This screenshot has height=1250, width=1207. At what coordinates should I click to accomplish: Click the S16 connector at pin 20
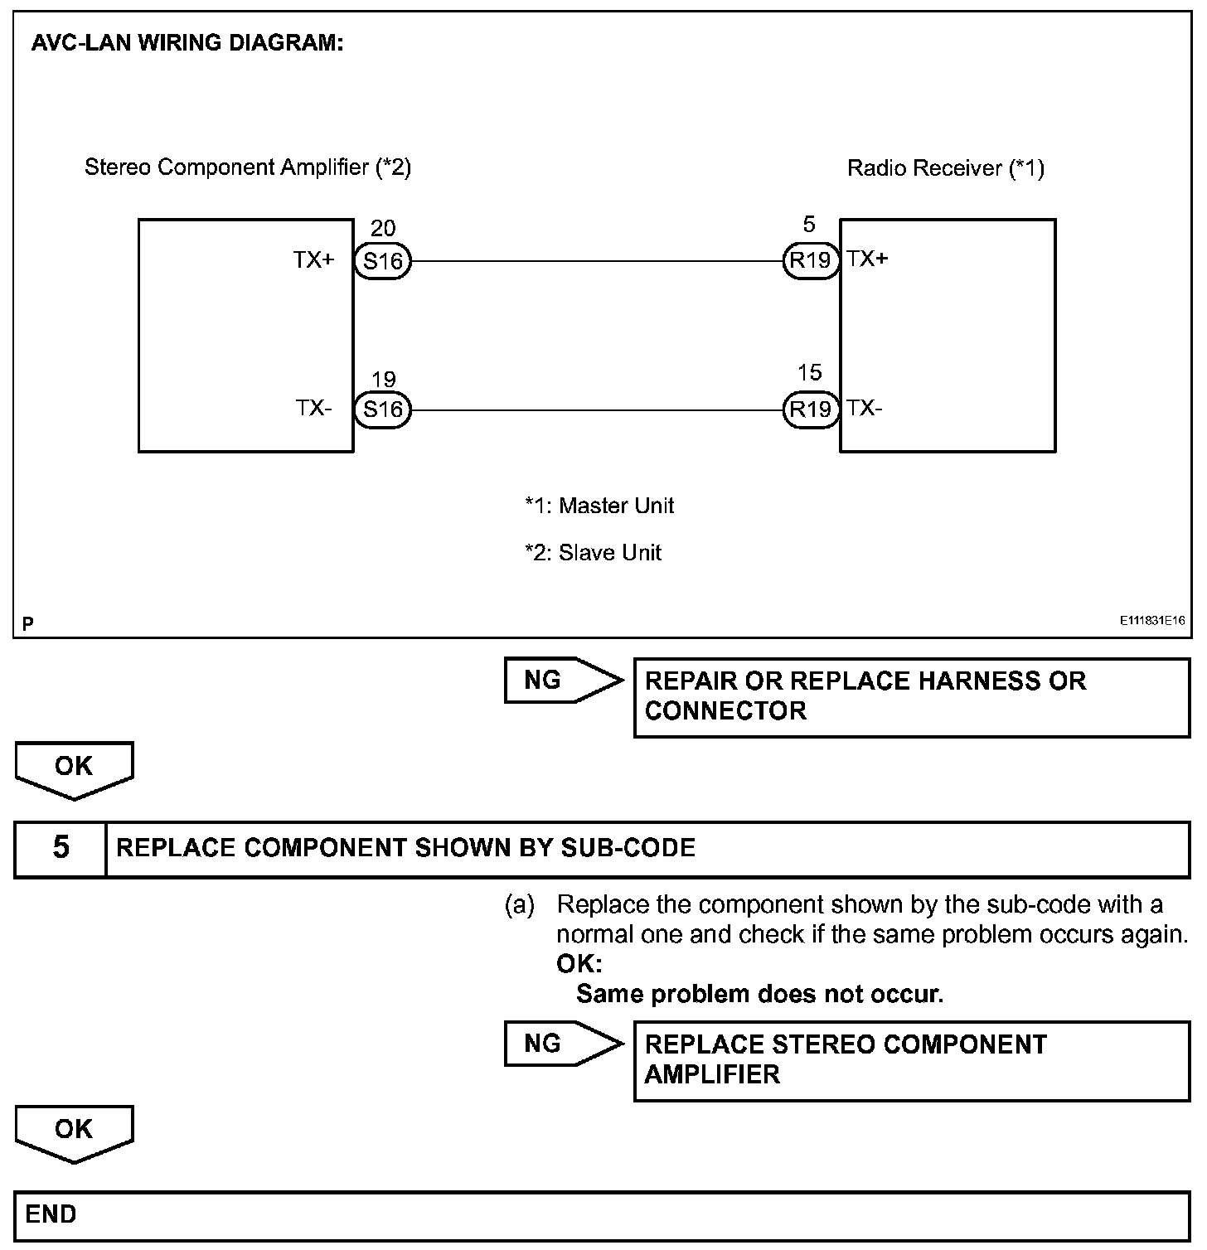coord(382,262)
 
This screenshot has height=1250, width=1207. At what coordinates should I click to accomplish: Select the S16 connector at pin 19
coord(382,409)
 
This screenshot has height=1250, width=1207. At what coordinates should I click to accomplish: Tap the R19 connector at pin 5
coord(810,261)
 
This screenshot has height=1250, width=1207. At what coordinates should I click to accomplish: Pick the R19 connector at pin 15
coord(810,409)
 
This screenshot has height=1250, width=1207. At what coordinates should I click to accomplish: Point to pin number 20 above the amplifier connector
coord(383,229)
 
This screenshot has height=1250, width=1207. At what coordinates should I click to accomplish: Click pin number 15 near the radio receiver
coord(809,373)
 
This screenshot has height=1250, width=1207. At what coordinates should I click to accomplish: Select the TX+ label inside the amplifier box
coord(313,260)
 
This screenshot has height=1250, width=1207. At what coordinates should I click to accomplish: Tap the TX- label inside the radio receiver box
coord(864,408)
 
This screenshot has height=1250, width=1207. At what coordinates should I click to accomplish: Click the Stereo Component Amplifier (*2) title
coord(248,167)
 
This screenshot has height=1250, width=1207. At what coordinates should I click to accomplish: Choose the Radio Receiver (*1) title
coord(945,168)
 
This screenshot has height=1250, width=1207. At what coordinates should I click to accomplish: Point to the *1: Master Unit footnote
coord(599,506)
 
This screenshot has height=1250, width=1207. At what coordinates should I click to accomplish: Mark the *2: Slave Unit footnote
coord(593,553)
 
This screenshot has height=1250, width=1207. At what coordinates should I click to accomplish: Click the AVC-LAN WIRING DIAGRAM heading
coord(187,43)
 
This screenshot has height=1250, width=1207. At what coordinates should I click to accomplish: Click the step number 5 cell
coord(61,848)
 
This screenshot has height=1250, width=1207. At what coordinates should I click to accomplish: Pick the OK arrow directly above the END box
coord(74,1131)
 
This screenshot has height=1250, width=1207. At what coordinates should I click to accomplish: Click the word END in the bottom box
coord(51,1214)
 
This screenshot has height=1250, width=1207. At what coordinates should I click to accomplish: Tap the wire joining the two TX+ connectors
coord(597,262)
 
